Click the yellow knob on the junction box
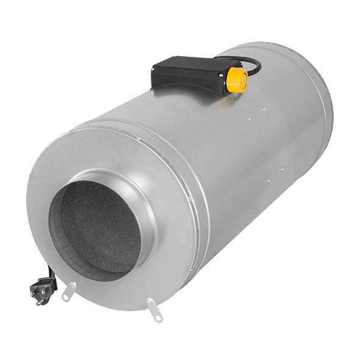[237, 79]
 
